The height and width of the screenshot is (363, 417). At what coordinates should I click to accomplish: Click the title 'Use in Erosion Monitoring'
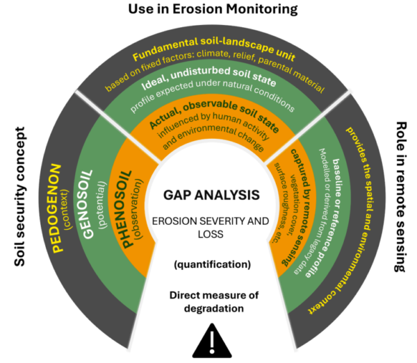pos(208,10)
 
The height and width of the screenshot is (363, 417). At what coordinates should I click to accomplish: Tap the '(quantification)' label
pos(208,264)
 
